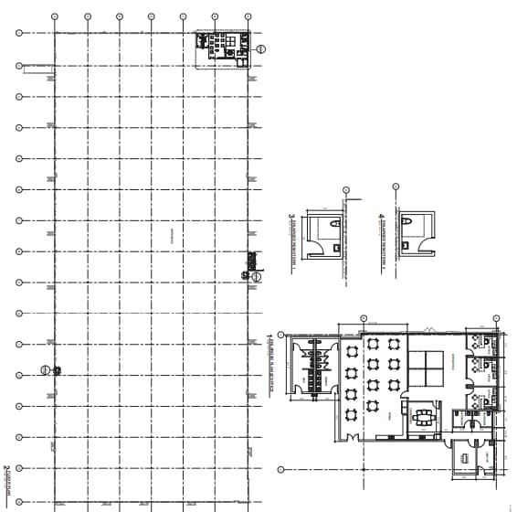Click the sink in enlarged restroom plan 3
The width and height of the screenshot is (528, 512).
click(x=337, y=247)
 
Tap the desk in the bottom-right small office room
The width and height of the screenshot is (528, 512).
click(x=465, y=457)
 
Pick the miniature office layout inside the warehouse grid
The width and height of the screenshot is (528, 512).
click(x=223, y=45)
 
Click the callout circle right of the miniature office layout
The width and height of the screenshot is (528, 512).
click(x=261, y=48)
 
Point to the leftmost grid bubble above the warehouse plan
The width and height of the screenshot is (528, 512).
click(x=55, y=16)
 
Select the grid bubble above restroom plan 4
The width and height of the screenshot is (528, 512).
click(x=396, y=186)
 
